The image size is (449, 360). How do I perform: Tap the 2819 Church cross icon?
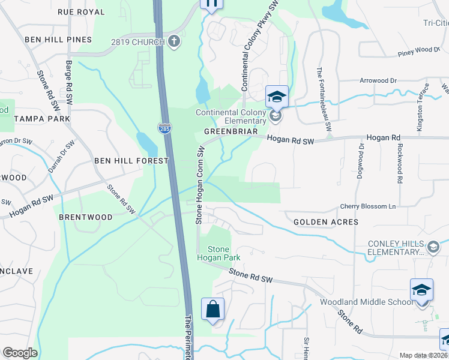(x=173, y=41)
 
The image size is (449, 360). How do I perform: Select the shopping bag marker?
(x=212, y=310)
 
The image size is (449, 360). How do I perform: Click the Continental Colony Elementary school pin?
(x=277, y=96)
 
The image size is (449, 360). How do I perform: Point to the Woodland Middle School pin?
(x=421, y=290)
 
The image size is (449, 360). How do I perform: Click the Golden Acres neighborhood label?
(x=326, y=222)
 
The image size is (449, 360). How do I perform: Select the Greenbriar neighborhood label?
(x=231, y=131)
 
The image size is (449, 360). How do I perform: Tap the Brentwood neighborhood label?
(x=85, y=217)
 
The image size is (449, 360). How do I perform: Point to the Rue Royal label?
(x=81, y=12)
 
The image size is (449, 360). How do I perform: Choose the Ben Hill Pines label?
(x=58, y=40)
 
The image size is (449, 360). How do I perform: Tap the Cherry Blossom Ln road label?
(x=369, y=206)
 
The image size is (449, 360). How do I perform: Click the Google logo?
(x=20, y=353)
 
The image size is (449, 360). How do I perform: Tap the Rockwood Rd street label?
(x=399, y=163)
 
